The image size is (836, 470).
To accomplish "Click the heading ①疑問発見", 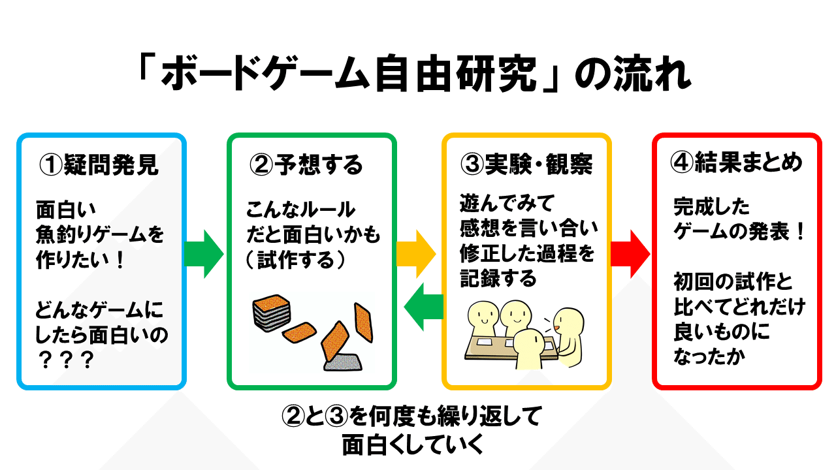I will [x=99, y=165].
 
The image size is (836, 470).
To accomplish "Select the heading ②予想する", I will [x=306, y=165].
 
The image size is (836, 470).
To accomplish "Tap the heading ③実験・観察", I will [x=526, y=165].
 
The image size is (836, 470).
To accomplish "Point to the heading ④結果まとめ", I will [x=737, y=163].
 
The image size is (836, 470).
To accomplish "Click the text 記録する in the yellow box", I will [x=498, y=279].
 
